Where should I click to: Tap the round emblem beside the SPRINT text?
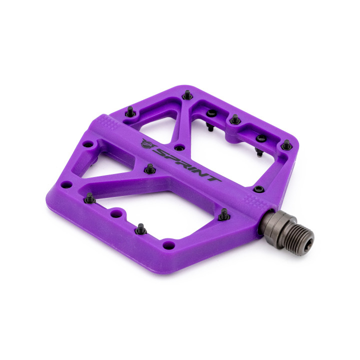[x=147, y=144]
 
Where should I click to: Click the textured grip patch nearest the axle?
[x=255, y=201]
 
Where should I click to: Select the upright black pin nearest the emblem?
[x=150, y=169]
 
